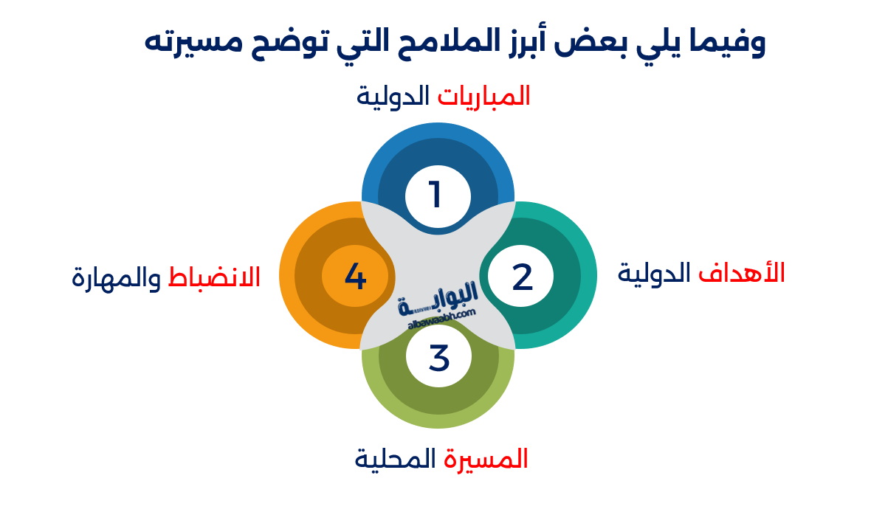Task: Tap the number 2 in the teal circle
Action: pos(522,277)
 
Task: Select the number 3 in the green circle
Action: pos(438,359)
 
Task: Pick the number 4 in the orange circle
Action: pos(355,277)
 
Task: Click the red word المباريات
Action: pos(483,96)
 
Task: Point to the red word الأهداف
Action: pos(741,273)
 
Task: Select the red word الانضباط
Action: pos(214,277)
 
